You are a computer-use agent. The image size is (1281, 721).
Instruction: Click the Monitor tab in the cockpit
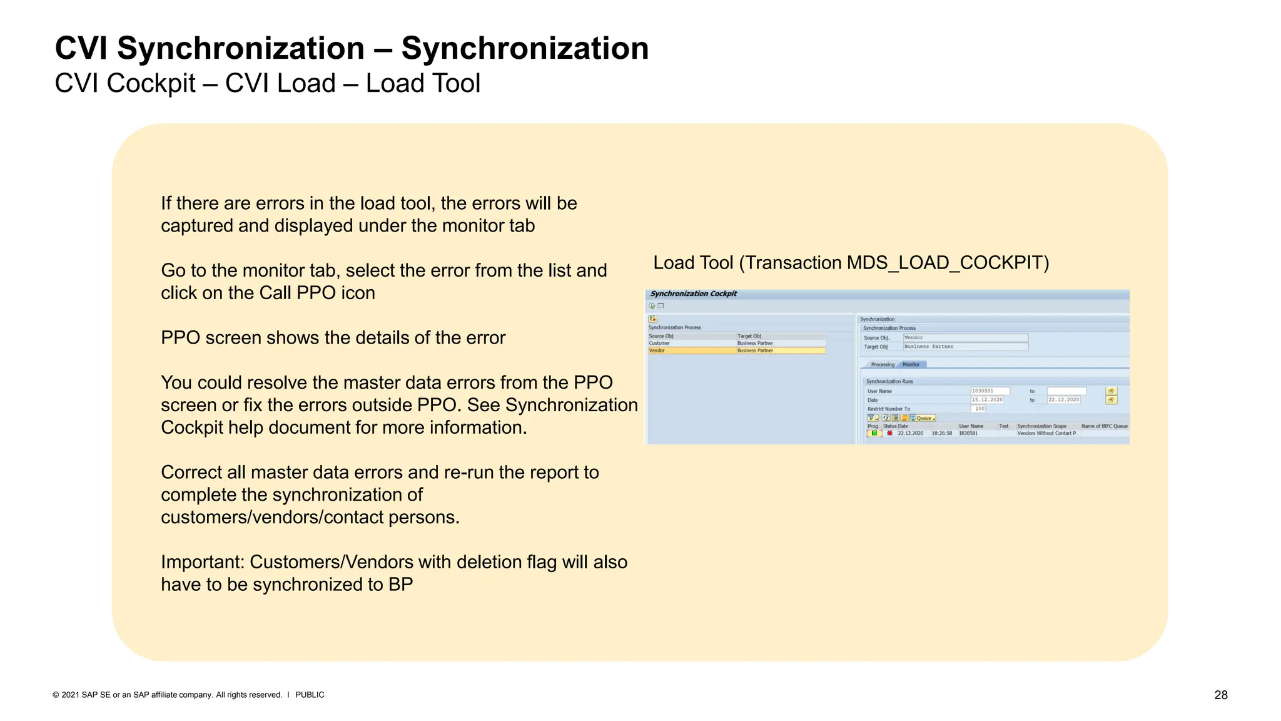[911, 364]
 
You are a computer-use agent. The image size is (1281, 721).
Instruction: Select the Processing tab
[883, 364]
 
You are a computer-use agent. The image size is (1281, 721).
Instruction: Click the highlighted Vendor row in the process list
[736, 350]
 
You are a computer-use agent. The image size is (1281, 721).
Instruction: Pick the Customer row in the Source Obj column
[659, 343]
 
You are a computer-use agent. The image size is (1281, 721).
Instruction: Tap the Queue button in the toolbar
[923, 418]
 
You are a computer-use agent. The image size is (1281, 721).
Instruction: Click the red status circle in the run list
[889, 433]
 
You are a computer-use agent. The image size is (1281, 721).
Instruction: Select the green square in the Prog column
[874, 433]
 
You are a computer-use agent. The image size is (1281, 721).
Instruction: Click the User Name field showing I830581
[990, 391]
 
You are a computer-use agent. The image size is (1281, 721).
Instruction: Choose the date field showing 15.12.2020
[987, 400]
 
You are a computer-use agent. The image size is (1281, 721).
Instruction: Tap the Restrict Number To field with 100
[978, 409]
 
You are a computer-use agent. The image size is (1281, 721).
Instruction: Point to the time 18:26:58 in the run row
[941, 433]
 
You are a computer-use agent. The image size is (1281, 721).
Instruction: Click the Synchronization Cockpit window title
[693, 294]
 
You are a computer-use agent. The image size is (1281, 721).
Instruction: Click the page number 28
[1220, 695]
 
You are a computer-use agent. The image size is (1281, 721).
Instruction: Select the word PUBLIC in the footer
[310, 695]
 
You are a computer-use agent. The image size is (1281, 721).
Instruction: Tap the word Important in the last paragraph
[202, 562]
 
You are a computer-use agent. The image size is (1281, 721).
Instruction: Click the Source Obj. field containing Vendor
[965, 338]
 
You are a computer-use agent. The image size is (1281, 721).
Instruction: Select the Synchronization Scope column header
[1041, 426]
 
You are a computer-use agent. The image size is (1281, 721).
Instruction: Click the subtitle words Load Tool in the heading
[423, 83]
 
